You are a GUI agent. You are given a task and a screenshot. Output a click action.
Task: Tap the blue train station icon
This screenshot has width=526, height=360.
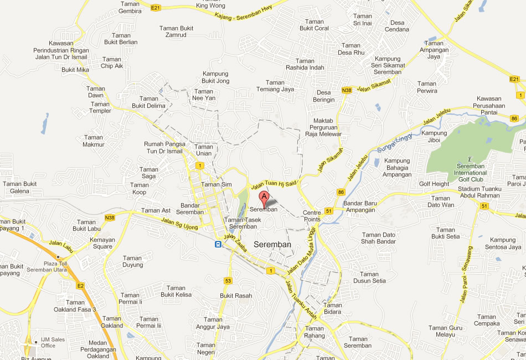point(219,244)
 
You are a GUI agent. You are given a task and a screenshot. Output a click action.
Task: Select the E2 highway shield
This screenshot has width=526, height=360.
point(80,286)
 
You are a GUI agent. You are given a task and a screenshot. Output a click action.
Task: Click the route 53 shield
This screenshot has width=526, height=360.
point(228,281)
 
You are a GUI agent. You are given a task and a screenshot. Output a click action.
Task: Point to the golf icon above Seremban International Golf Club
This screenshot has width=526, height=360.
point(471,158)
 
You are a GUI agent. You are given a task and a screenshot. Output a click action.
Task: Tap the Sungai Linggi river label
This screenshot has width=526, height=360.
point(391,143)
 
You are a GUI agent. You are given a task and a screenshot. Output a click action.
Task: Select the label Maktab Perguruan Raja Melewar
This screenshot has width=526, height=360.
point(323,127)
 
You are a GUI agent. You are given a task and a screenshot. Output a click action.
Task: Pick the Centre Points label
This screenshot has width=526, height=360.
point(312,216)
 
